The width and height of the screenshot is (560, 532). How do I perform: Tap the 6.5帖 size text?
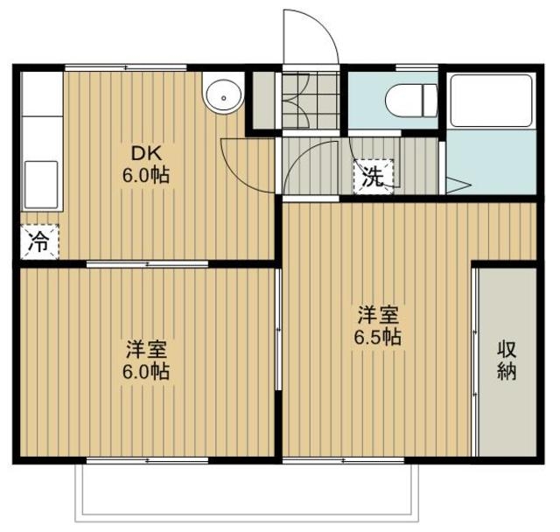tap(377, 337)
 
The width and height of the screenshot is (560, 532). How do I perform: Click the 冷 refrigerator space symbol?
tap(39, 241)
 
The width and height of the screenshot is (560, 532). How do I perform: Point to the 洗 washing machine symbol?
tap(374, 177)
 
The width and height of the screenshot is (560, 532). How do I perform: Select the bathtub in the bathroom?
tap(491, 101)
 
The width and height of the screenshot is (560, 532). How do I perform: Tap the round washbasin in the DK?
tap(223, 96)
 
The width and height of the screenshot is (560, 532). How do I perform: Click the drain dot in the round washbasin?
tap(224, 97)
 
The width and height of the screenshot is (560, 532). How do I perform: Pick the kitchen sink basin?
tap(41, 185)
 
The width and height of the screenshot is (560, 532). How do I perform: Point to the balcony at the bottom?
tap(246, 493)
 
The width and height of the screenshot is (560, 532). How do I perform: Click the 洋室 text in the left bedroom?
tap(146, 349)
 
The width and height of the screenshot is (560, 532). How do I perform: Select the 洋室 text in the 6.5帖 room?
tap(378, 315)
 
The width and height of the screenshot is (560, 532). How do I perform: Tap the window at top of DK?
tap(126, 67)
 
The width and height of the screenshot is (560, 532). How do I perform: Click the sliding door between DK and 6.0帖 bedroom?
tap(147, 264)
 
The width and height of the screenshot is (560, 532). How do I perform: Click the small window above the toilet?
tap(416, 67)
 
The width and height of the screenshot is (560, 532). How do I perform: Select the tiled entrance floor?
tap(310, 100)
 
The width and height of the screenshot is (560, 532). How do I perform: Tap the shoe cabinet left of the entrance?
tap(264, 100)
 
